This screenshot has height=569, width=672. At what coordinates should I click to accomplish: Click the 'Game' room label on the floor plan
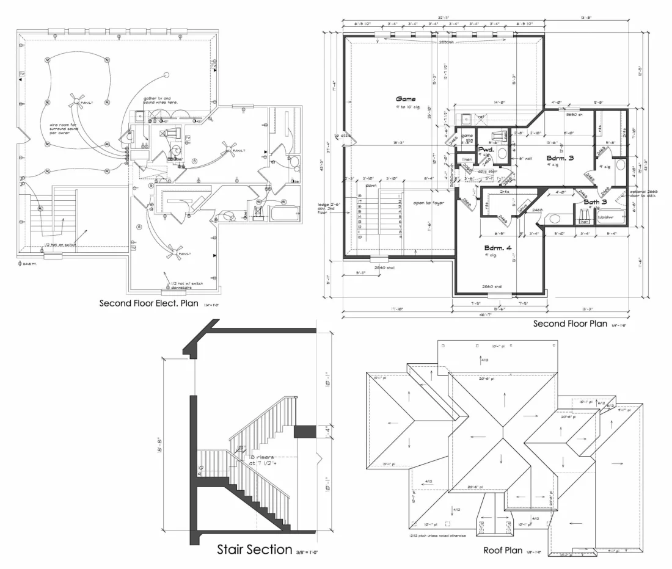(405, 98)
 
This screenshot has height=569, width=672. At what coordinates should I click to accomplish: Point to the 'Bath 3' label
(595, 201)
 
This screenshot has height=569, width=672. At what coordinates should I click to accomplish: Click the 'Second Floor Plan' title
(570, 324)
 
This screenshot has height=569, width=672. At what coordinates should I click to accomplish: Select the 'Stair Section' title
(254, 549)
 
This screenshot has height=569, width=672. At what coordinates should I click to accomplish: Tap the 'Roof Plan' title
(502, 549)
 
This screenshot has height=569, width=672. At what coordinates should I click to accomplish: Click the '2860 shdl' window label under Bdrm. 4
(492, 286)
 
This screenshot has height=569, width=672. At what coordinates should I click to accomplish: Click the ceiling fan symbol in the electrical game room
(76, 102)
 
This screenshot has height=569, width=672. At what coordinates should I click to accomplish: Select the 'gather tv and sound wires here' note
(160, 100)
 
